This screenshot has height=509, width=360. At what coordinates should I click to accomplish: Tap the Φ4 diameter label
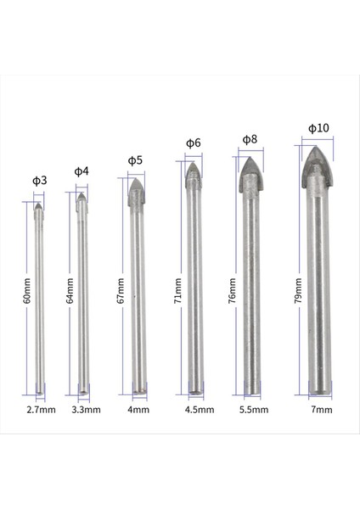(x=82, y=171)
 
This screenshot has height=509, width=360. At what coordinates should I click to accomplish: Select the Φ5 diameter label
(x=135, y=159)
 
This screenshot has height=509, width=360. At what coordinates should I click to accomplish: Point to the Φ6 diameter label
(x=193, y=143)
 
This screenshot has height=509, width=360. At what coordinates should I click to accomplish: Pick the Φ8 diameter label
(x=250, y=138)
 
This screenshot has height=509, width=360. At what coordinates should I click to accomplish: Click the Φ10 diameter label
(x=318, y=128)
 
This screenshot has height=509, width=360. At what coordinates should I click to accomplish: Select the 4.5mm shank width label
(x=197, y=410)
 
